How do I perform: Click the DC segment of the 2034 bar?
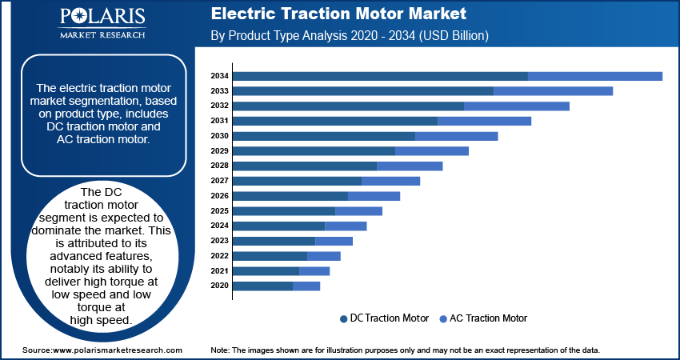coord(380,76)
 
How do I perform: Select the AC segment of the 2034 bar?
coord(595,76)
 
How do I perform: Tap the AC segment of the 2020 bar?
coord(306,286)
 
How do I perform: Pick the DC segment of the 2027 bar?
coord(298,182)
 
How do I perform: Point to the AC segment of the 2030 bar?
coord(456,136)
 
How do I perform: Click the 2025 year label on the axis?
coord(219,211)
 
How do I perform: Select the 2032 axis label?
coord(219,106)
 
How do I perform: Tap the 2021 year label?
coord(219,271)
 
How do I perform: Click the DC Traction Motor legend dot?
coord(344,319)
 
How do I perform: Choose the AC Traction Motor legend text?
coord(488,318)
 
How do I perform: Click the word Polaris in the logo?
coord(102,17)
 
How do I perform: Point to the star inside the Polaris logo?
coord(83,18)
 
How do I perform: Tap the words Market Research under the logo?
coord(102,34)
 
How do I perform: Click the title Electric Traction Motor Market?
coord(338,14)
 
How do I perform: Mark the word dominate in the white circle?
coord(54,230)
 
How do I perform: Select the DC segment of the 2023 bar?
coord(274,241)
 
